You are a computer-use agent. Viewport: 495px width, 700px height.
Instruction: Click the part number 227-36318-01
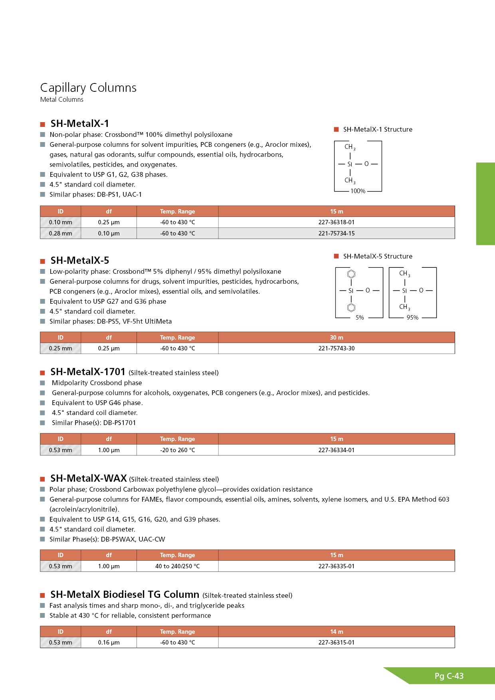(336, 222)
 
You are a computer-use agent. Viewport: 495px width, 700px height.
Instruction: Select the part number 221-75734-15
(336, 233)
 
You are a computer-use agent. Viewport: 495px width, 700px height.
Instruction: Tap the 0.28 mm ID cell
(60, 233)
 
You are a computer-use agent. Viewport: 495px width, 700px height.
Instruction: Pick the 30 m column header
(336, 338)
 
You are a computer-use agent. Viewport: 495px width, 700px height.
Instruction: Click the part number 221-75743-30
(336, 348)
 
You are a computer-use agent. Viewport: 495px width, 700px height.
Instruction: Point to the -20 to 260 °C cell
(177, 450)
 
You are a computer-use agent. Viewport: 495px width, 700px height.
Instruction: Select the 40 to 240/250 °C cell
(177, 566)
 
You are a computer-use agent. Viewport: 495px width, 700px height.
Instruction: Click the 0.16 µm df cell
(109, 643)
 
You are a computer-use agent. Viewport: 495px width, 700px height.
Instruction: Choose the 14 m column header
(336, 632)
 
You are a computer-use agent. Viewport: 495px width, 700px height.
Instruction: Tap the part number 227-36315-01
(336, 643)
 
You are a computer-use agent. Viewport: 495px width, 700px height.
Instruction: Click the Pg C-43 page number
(449, 676)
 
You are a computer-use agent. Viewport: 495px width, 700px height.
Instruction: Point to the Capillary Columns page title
(88, 88)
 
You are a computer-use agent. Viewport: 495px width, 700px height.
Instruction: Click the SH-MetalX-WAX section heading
(89, 478)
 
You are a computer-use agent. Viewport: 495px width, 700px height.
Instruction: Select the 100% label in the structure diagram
(358, 191)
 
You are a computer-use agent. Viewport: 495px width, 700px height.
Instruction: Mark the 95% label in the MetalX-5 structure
(412, 318)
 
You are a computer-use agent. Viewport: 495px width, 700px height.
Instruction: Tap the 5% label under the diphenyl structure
(360, 318)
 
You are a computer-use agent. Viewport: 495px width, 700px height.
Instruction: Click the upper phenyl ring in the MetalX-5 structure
(351, 274)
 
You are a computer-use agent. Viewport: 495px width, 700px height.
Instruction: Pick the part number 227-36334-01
(336, 450)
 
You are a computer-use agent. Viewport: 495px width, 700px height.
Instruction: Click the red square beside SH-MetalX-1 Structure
(336, 129)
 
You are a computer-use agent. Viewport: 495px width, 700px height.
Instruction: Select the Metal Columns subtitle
(62, 100)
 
